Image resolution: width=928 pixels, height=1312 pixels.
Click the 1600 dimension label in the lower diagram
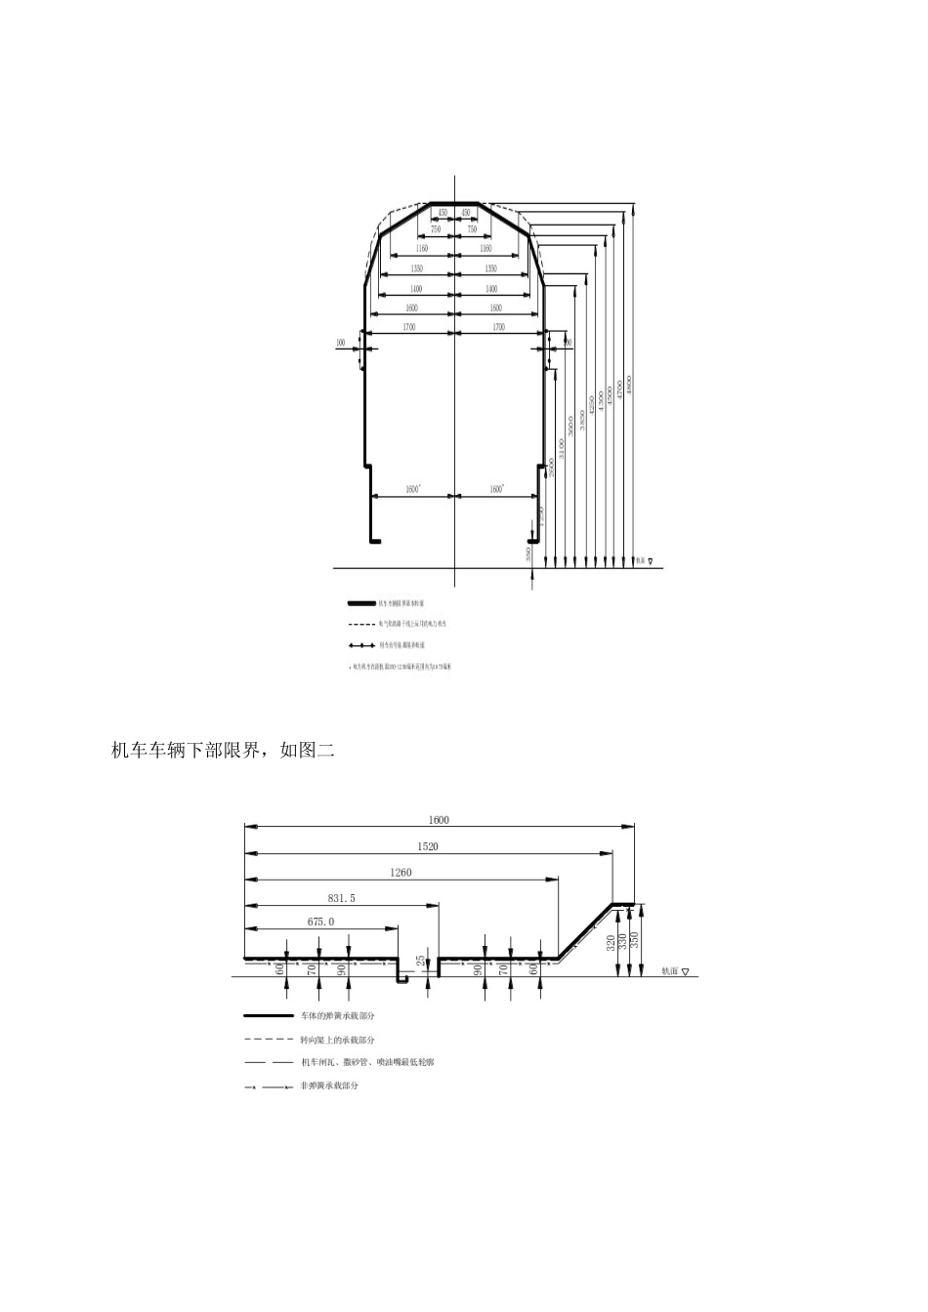(439, 821)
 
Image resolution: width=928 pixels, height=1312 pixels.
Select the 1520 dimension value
(427, 846)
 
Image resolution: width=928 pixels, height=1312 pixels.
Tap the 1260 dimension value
(401, 872)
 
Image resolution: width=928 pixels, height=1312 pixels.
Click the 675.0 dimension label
(320, 921)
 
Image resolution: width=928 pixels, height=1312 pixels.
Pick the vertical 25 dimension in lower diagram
(421, 961)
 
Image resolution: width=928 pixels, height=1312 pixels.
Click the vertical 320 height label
(610, 942)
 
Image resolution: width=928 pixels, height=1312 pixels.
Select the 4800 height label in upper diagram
(630, 385)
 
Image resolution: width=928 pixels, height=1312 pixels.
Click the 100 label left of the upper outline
(340, 343)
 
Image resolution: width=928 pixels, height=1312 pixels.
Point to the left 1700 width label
(408, 328)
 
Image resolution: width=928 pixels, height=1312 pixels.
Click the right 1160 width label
(485, 249)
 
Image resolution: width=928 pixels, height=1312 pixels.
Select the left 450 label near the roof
(442, 212)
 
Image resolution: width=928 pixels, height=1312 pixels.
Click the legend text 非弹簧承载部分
(328, 1086)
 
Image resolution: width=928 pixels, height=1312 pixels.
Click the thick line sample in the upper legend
(361, 604)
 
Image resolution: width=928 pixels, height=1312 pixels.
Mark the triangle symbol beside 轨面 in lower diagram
(685, 972)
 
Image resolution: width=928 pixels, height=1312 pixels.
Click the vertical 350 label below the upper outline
(528, 553)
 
